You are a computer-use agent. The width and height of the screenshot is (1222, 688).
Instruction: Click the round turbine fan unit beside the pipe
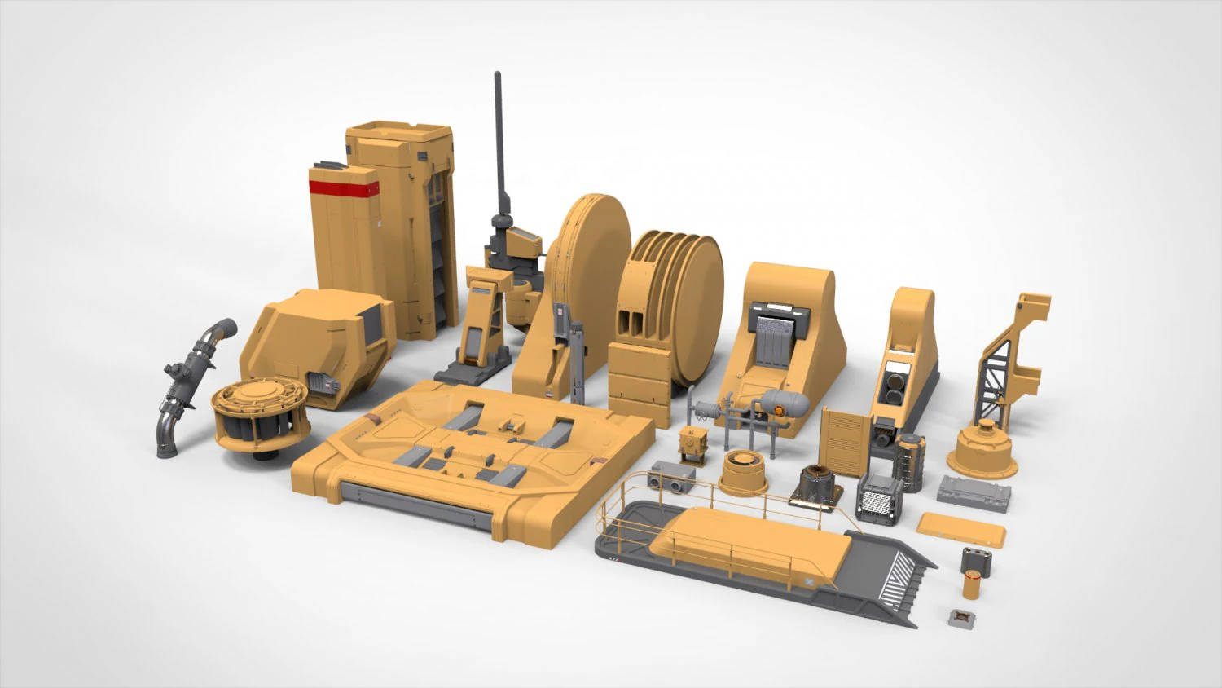point(252,415)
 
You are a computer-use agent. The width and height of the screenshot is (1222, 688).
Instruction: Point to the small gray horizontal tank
point(784,402)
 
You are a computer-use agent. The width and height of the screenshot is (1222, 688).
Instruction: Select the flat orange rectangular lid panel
point(963,527)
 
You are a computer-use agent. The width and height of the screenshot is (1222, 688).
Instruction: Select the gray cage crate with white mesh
point(880,498)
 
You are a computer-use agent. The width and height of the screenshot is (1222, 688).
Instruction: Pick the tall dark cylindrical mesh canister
point(911,462)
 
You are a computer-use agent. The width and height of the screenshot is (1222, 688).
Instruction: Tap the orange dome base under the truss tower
point(985,451)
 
